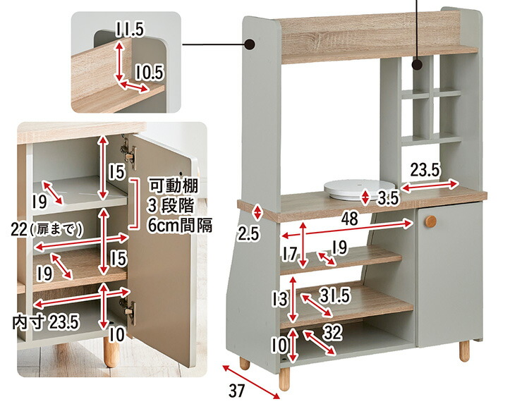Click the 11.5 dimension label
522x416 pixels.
pos(130,29)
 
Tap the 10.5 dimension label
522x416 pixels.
pos(150,72)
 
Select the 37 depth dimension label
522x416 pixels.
pos(237,391)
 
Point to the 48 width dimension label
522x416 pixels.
pos(350,219)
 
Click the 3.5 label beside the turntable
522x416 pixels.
pos(388,198)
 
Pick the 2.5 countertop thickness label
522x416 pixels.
pos(248,234)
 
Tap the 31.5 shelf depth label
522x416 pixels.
pos(335,295)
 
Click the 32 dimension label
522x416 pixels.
pos(332,332)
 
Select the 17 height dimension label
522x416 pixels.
pos(290,255)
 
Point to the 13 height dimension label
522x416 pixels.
pos(279,299)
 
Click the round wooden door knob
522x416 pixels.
pos(430,221)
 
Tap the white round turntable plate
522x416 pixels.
pos(359,189)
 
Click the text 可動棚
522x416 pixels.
pos(173,185)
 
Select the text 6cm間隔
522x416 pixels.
pos(180,226)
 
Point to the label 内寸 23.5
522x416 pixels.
pos(46,322)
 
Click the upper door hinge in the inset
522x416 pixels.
pos(128,152)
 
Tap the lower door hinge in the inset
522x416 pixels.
pos(128,310)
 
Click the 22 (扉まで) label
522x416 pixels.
pos(47,230)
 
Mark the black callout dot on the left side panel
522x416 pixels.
pos(250,44)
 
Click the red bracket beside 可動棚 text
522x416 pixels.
pos(135,204)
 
